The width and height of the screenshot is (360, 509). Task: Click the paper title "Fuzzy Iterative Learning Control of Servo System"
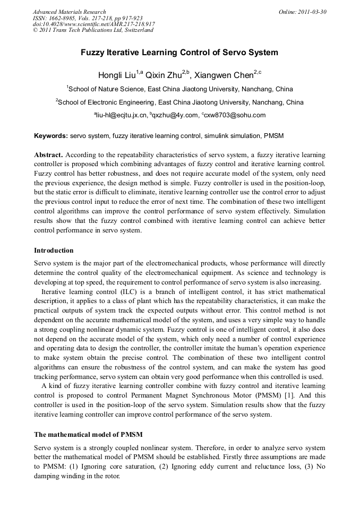click(x=179, y=53)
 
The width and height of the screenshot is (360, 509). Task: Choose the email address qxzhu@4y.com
click(x=173, y=115)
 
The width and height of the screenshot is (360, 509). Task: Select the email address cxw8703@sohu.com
click(x=234, y=115)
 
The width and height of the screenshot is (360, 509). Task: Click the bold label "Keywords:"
click(x=51, y=136)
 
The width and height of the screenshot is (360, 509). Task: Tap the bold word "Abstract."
click(x=49, y=154)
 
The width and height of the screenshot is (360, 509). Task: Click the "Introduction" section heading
click(x=54, y=250)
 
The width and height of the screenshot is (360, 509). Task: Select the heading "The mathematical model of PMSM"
click(x=88, y=434)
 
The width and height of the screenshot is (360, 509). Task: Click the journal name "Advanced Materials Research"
click(x=70, y=12)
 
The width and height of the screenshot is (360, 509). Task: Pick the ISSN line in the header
click(x=88, y=18)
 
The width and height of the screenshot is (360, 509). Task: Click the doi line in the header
click(x=94, y=24)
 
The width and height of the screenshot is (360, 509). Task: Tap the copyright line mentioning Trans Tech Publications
click(x=93, y=30)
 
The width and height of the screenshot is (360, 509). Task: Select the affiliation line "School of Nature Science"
click(x=179, y=89)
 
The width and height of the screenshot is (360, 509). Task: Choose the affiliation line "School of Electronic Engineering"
click(x=179, y=102)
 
